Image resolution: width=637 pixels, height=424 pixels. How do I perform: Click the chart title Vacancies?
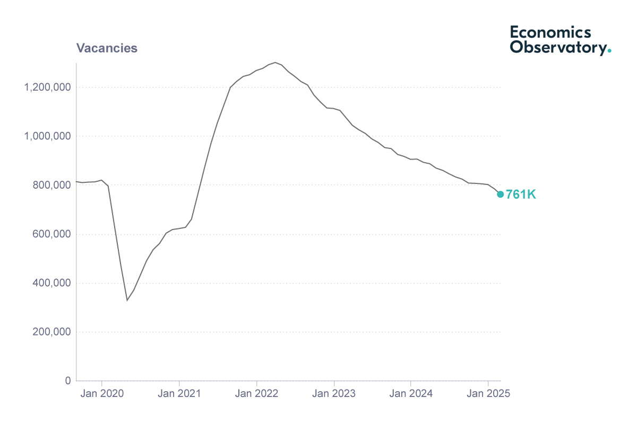tap(107, 48)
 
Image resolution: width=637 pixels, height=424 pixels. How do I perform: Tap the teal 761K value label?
tap(521, 195)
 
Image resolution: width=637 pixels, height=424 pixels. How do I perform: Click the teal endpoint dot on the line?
tap(500, 195)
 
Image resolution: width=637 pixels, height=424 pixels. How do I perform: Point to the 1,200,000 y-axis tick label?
tap(47, 87)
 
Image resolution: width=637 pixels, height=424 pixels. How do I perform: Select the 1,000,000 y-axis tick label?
tap(47, 136)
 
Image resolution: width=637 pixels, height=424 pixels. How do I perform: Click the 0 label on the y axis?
tap(67, 381)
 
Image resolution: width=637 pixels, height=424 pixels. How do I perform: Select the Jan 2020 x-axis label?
tap(102, 394)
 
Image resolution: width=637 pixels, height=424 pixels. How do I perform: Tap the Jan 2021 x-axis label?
tap(179, 394)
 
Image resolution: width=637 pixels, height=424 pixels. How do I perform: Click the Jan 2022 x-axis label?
tap(257, 394)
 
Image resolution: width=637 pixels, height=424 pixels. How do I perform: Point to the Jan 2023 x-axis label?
tap(334, 394)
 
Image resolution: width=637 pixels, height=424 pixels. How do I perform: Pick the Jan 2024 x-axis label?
tap(411, 394)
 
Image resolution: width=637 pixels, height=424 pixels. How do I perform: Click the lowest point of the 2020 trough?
tap(127, 301)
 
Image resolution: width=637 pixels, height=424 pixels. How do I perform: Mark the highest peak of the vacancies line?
tap(275, 62)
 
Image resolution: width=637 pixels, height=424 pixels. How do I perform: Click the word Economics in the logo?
tap(550, 32)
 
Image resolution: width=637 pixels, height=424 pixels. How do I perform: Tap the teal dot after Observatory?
tap(609, 51)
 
